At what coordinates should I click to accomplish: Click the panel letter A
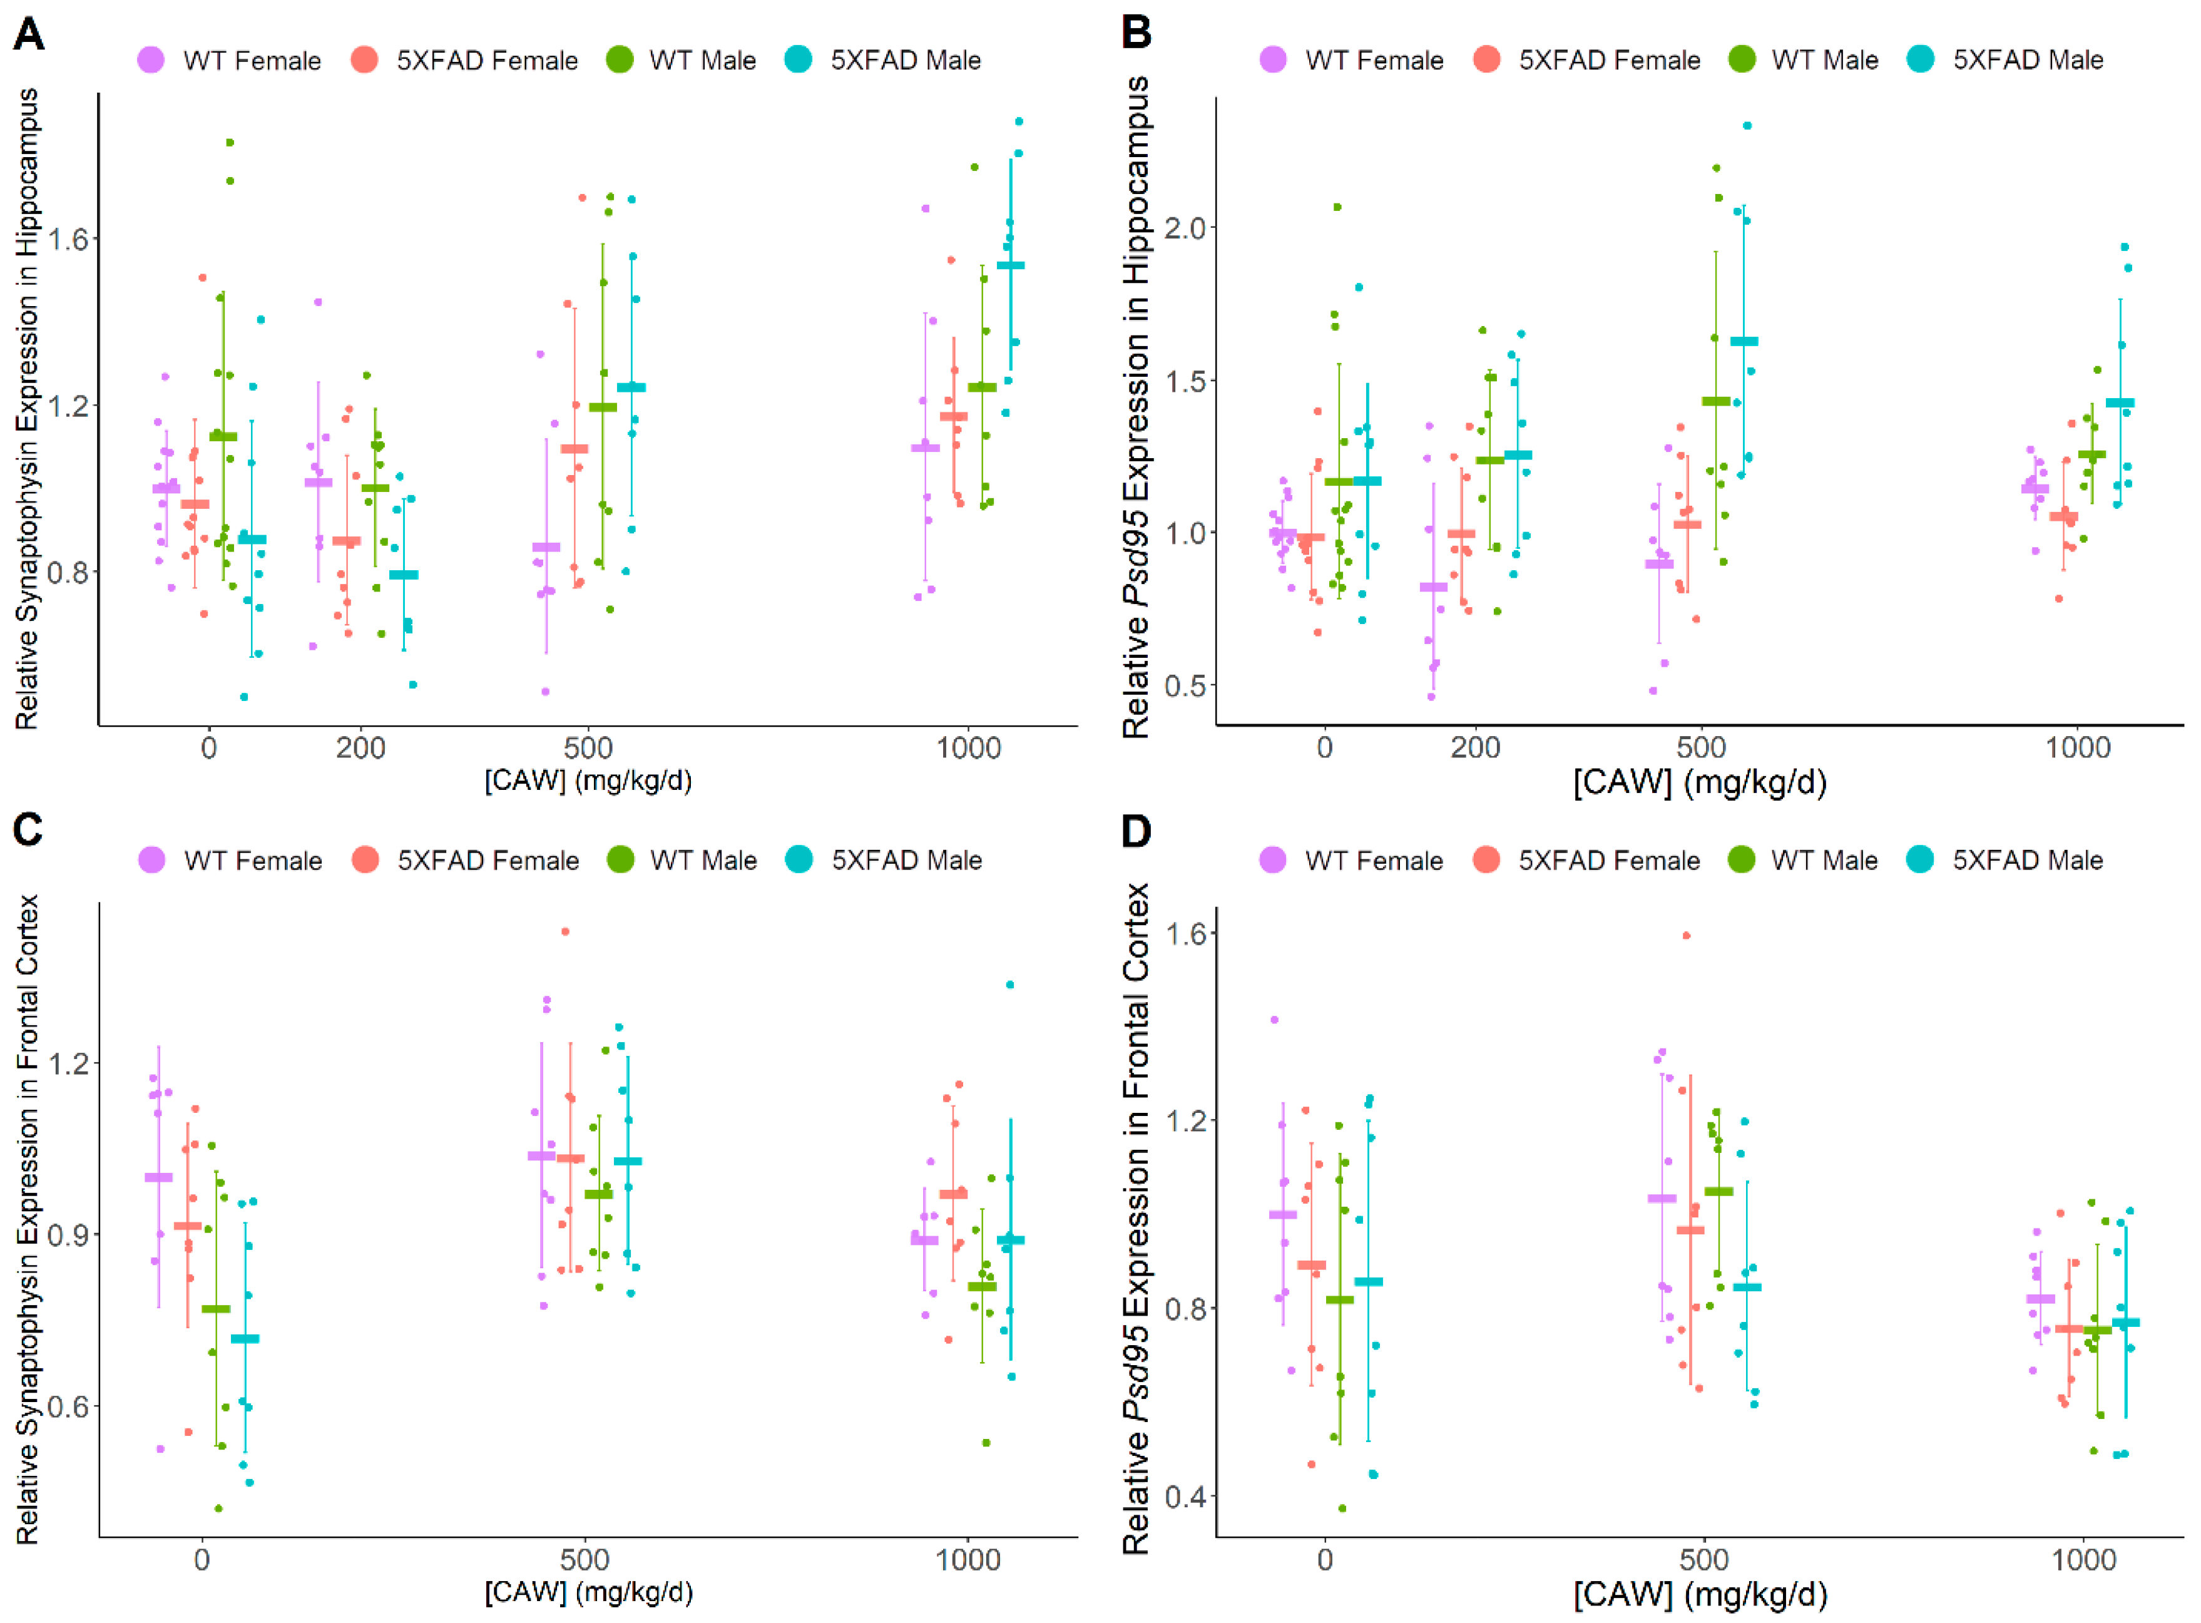point(29,36)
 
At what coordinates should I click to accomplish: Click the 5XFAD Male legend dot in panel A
point(799,60)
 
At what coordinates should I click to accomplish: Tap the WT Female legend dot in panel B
point(1273,60)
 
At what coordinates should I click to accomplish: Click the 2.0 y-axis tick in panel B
point(1185,228)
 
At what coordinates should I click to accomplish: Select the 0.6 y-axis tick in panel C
point(67,1406)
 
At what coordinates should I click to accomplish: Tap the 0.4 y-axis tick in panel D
point(1185,1497)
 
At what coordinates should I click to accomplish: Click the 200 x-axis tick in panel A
point(360,749)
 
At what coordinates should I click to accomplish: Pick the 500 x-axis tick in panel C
point(585,1560)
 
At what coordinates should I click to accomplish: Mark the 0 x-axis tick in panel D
point(1325,1560)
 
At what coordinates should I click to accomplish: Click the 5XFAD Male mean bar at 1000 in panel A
point(1011,265)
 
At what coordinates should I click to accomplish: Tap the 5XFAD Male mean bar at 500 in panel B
point(1744,342)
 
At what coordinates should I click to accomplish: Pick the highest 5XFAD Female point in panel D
point(1687,935)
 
